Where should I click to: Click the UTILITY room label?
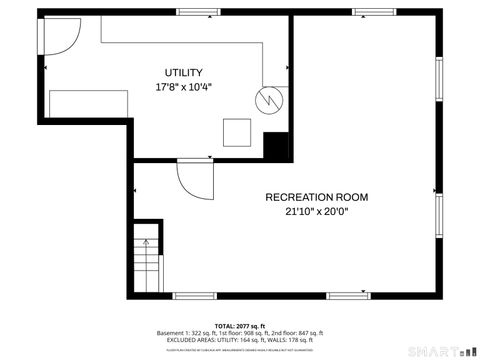(x=184, y=73)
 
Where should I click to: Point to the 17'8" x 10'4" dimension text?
(x=184, y=87)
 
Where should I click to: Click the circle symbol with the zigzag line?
(x=267, y=99)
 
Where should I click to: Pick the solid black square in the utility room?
(x=277, y=144)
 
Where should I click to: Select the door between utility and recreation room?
(x=192, y=179)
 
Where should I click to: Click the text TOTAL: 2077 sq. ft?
(x=240, y=326)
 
